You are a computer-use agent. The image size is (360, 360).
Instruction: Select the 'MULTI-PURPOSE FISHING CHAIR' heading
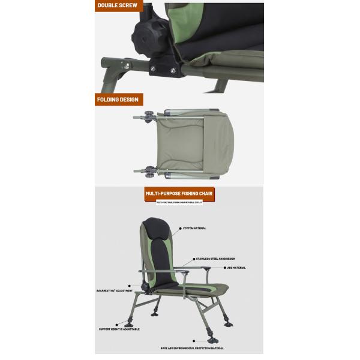179,194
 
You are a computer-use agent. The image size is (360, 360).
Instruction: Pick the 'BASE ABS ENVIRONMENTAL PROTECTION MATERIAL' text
192,347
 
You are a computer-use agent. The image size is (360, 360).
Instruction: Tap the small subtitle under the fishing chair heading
179,203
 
